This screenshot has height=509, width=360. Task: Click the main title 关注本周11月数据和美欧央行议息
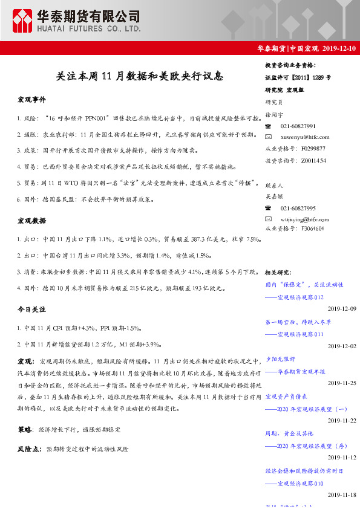point(140,76)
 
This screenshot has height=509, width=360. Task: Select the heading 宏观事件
point(31,99)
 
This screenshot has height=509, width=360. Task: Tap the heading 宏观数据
point(31,221)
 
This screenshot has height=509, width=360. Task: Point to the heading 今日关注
point(31,309)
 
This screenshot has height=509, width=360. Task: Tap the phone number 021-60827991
point(298,126)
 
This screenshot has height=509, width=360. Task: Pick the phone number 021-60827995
point(298,207)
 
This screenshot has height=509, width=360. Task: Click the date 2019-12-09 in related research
point(342,309)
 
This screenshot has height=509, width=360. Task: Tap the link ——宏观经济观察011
point(295,334)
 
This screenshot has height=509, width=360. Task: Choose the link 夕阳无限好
point(280,359)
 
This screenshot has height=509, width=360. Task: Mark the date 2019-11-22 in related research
point(342,420)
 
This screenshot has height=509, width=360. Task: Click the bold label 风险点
point(28,450)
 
